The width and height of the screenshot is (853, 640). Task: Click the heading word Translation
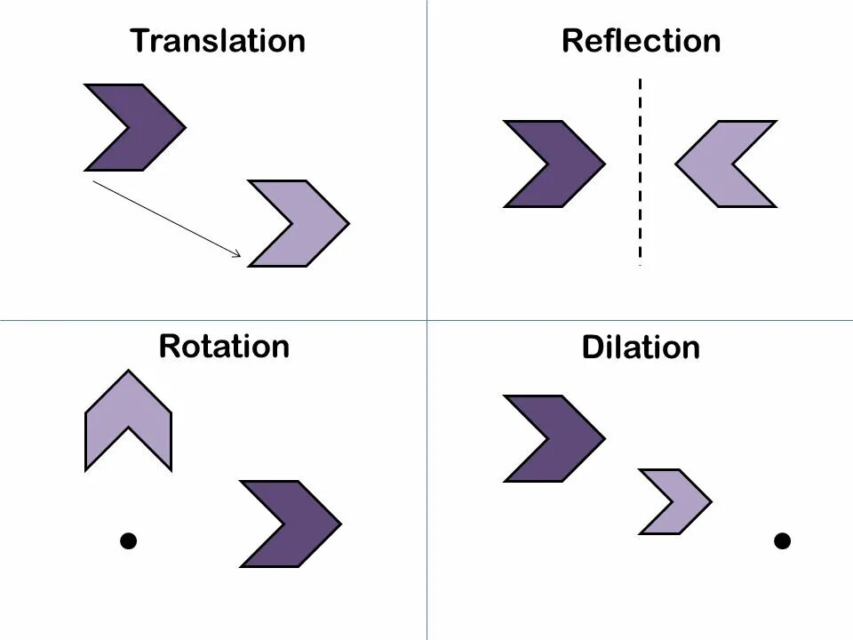coord(218,41)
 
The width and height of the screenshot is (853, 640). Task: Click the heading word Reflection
coord(641,41)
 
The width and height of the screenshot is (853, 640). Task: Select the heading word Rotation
coord(224,345)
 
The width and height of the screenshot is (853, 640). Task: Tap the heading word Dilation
coord(641,347)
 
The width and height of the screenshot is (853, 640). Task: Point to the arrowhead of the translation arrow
coord(238,255)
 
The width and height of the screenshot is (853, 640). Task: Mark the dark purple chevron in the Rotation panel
coord(303,524)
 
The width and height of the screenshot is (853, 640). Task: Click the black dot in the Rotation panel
coord(129,540)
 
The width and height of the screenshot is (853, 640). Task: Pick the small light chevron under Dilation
coord(685,501)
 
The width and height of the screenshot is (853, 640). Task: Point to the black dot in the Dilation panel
coord(782,540)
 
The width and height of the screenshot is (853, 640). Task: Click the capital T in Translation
coord(140,41)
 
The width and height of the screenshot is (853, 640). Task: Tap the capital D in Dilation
coord(593,347)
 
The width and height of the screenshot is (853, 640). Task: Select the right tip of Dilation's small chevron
coord(710,501)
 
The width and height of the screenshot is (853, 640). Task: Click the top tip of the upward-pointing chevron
coord(129,372)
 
